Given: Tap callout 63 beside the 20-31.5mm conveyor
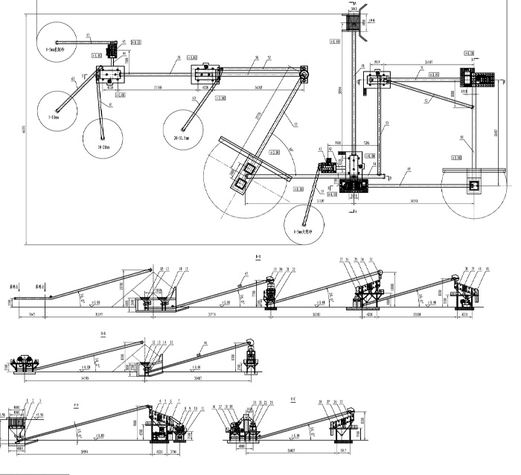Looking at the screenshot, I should [194, 98].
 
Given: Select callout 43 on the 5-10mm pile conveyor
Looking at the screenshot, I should [73, 78].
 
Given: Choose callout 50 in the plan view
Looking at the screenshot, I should [461, 138].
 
